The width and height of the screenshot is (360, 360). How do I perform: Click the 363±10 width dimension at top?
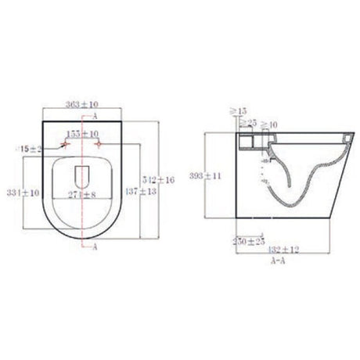[x=82, y=104]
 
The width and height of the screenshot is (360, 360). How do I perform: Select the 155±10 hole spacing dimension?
[x=83, y=134]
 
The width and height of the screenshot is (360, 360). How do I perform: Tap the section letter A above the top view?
[x=95, y=115]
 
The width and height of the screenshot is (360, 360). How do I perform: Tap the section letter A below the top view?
[x=95, y=247]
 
